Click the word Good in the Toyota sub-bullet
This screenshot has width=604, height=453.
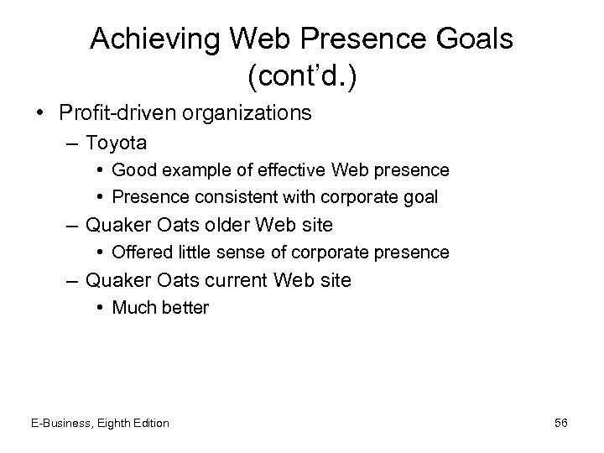coord(132,170)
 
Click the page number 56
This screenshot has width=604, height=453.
coord(560,423)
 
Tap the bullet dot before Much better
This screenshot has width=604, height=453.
coord(101,308)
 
